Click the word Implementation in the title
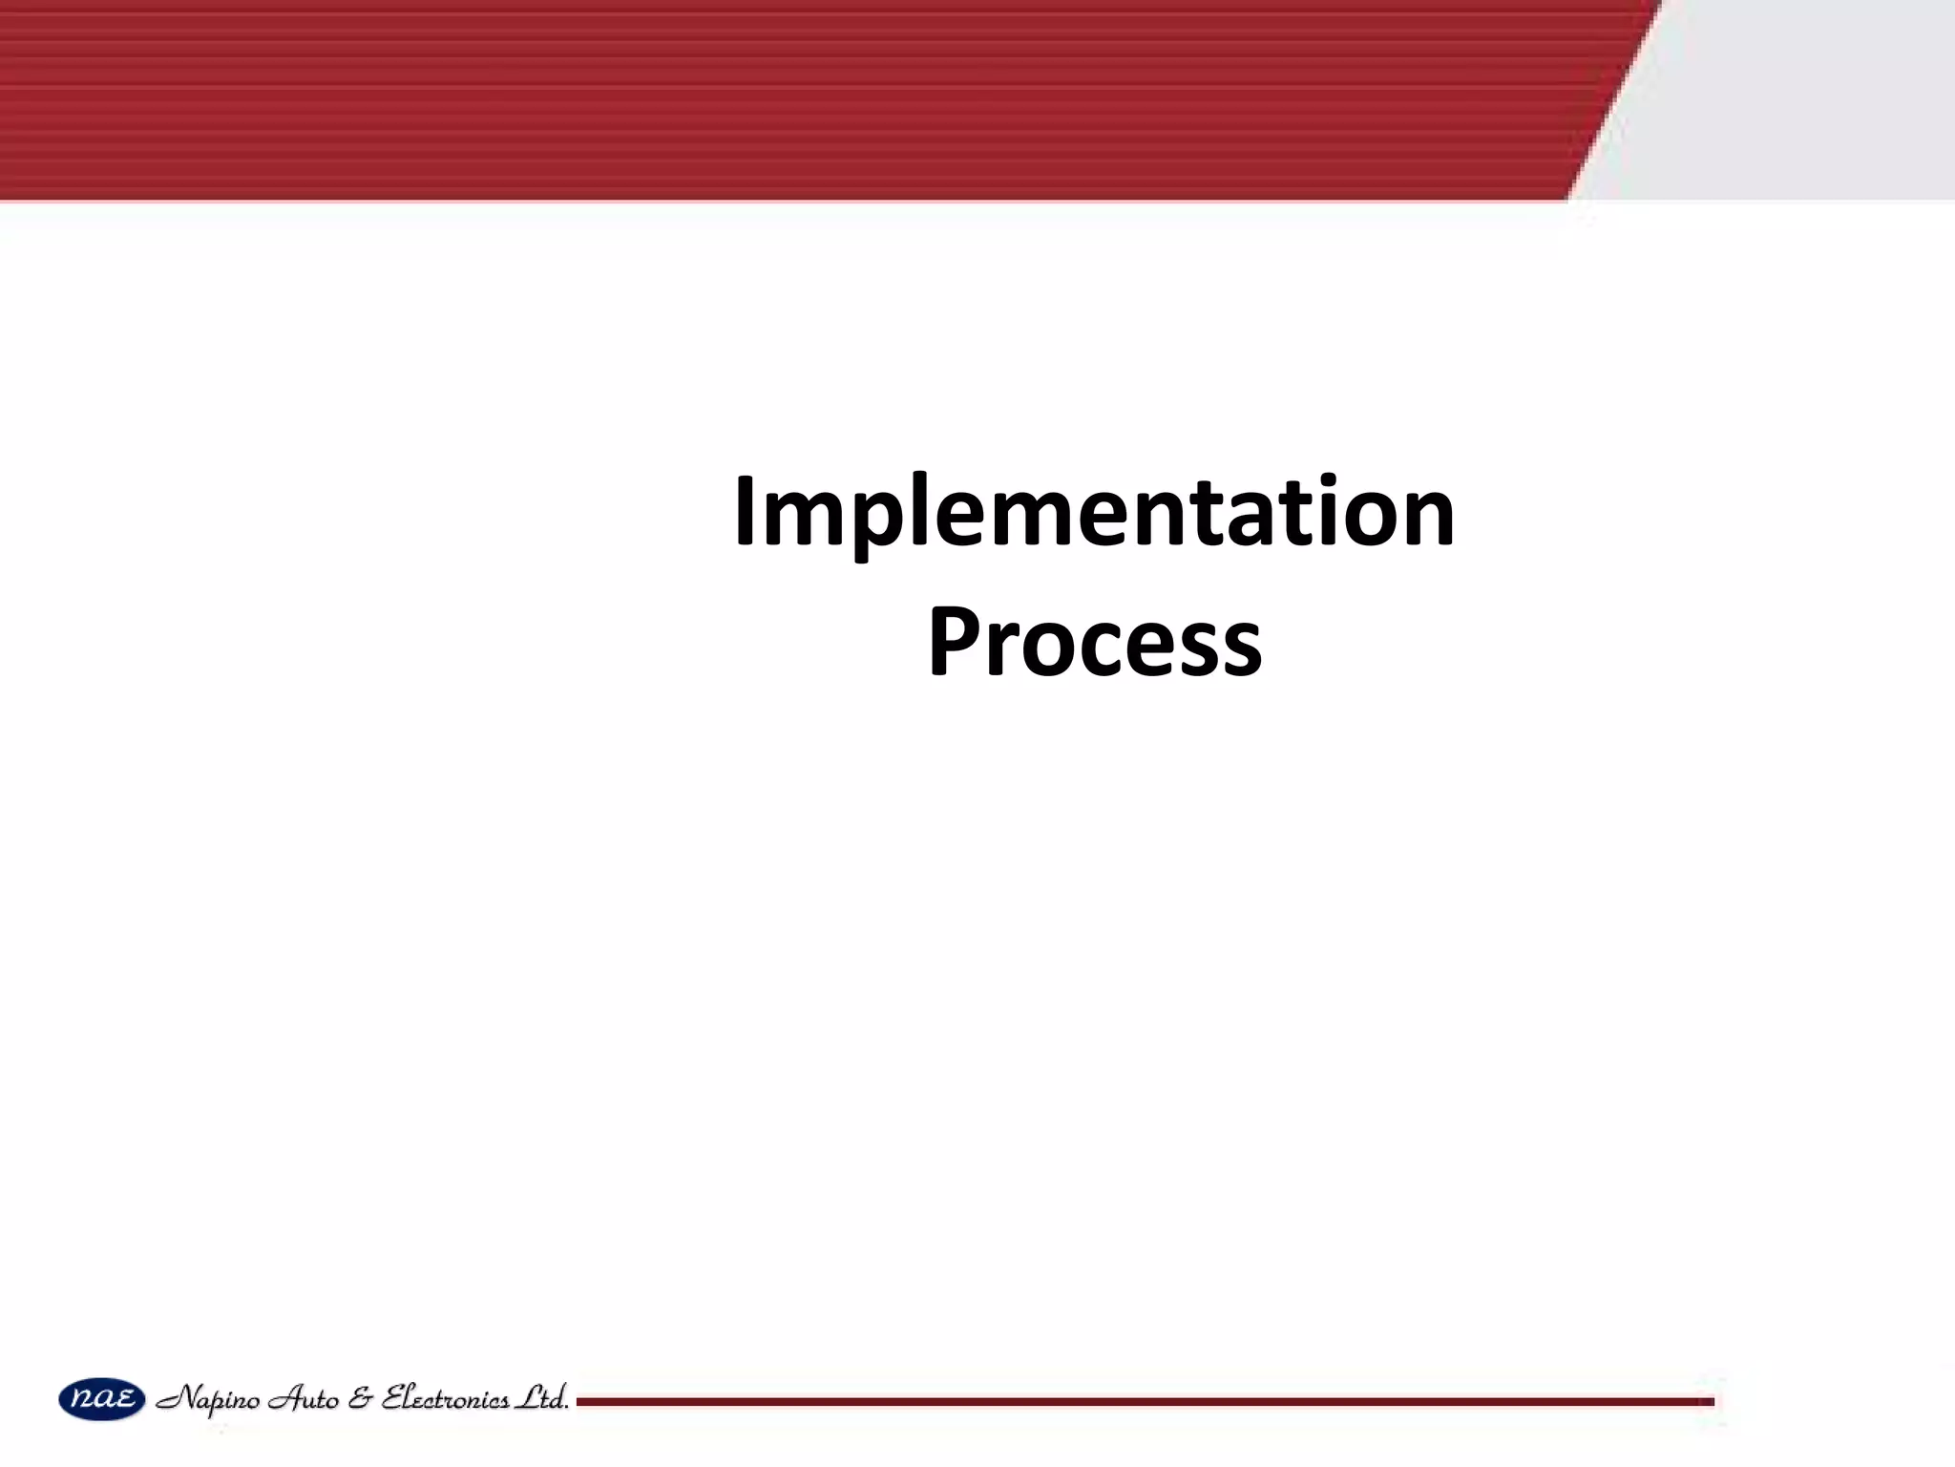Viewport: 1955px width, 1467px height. point(1094,516)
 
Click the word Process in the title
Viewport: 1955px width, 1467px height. point(1094,643)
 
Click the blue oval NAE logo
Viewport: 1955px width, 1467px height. point(102,1399)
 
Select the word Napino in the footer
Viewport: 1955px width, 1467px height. point(207,1400)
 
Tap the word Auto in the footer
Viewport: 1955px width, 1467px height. point(304,1399)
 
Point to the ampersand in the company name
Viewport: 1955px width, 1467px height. point(360,1399)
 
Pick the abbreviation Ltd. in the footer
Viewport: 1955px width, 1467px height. point(541,1398)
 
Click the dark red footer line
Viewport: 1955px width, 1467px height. point(1146,1401)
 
